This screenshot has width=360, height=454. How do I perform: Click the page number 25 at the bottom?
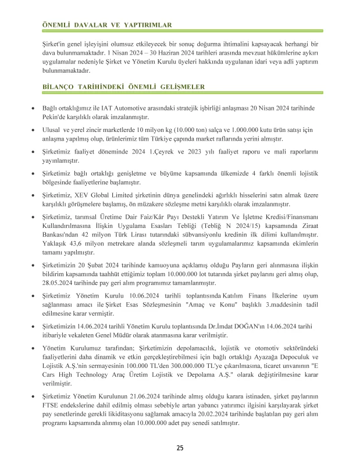180,447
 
